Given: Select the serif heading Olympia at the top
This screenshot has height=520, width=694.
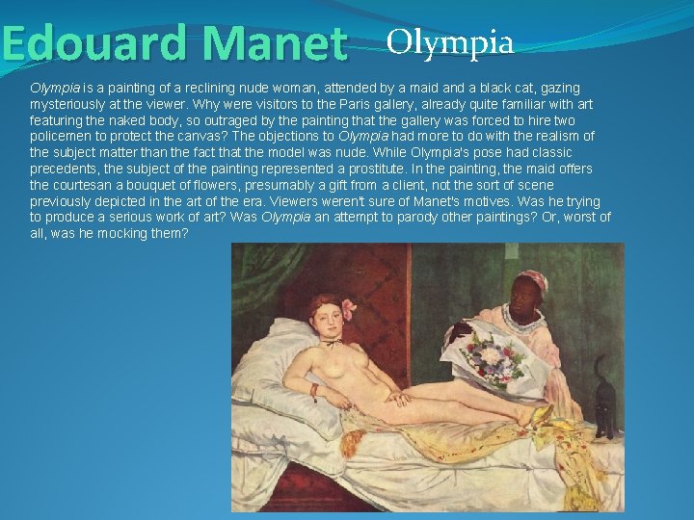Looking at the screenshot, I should tap(449, 41).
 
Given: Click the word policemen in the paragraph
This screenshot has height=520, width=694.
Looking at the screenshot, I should tap(64, 136).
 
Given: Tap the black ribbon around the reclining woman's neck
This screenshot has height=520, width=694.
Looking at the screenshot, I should tap(331, 340).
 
